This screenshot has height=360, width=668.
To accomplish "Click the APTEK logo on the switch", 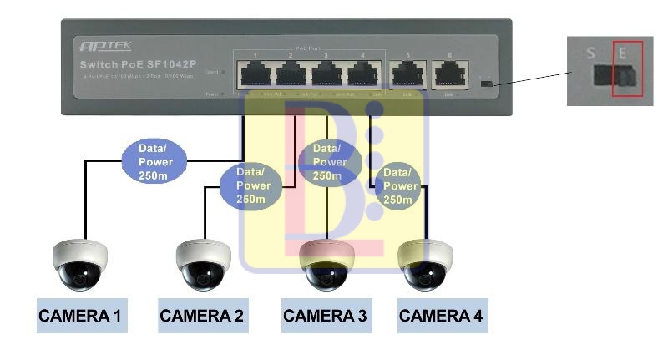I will tap(104, 46).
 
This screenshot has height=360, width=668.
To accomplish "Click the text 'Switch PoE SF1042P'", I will tap(137, 64).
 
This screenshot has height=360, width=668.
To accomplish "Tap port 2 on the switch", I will tap(291, 75).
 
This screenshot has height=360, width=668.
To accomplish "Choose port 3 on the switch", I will tap(328, 75).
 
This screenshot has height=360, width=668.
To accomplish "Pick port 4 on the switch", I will tap(364, 75).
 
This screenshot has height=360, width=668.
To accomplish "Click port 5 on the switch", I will tap(407, 75).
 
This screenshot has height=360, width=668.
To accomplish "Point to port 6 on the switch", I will tap(450, 75).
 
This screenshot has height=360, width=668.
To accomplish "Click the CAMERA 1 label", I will tap(80, 316).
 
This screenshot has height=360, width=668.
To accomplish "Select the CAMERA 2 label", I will tap(202, 316).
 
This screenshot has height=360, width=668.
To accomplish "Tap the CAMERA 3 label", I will tap(325, 316).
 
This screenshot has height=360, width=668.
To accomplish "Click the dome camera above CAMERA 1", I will tap(80, 264).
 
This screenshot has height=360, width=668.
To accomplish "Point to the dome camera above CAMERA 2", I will tap(204, 264).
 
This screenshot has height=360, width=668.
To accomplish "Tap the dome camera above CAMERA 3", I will tap(326, 264).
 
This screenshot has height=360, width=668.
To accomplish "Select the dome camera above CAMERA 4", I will tap(425, 264).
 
